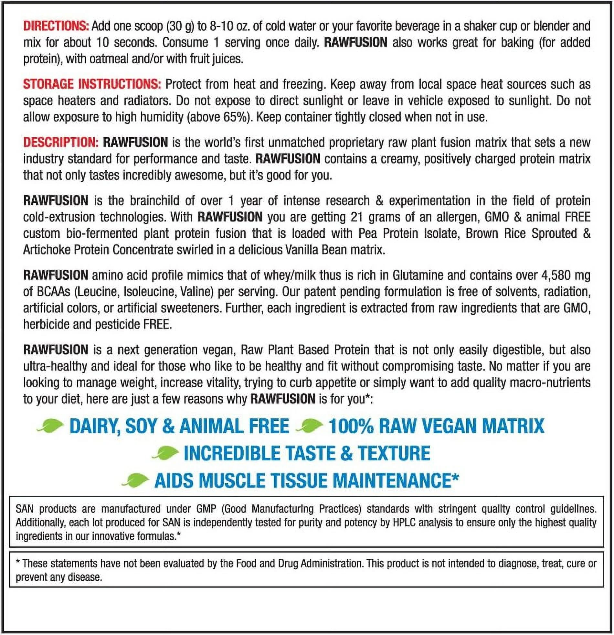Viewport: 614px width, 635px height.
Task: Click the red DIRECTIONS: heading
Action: [56, 26]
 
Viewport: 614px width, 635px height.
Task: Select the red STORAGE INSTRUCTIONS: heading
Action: [92, 84]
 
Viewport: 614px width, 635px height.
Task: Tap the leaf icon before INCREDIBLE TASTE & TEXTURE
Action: [165, 453]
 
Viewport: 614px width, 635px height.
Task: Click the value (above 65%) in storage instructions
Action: [219, 117]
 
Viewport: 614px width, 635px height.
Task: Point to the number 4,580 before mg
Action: [557, 275]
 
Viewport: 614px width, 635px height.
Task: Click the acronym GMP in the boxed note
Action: [206, 509]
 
